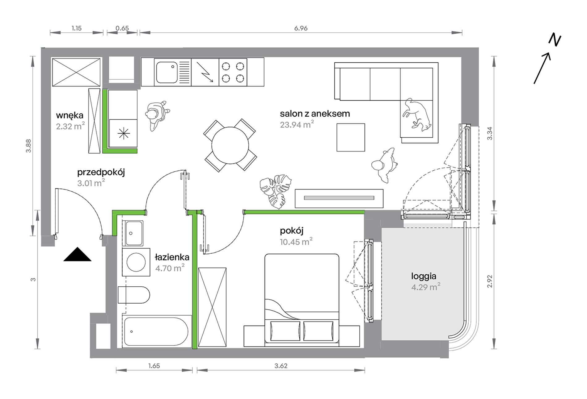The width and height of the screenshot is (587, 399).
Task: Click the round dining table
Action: click(230, 145)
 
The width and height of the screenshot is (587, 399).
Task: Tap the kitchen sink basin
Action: click(167, 72)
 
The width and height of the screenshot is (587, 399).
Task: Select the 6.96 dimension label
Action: click(301, 28)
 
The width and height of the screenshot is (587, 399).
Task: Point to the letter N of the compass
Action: click(555, 40)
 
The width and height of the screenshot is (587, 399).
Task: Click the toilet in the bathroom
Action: click(134, 295)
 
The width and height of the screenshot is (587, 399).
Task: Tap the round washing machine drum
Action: click(136, 262)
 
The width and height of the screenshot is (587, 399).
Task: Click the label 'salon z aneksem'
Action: click(315, 114)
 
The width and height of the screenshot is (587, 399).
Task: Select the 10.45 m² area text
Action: click(296, 242)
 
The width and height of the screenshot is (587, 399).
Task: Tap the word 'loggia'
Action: click(424, 276)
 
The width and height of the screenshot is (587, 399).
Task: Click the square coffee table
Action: click(351, 137)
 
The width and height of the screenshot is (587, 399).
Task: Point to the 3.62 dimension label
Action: click(281, 366)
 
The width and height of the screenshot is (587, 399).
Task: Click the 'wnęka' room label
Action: click(70, 116)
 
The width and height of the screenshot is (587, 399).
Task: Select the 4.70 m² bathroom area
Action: click(170, 268)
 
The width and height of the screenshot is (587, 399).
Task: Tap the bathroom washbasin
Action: click(133, 233)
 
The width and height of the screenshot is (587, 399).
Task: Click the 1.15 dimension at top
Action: click(77, 28)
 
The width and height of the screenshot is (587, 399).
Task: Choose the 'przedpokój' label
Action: click(101, 172)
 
